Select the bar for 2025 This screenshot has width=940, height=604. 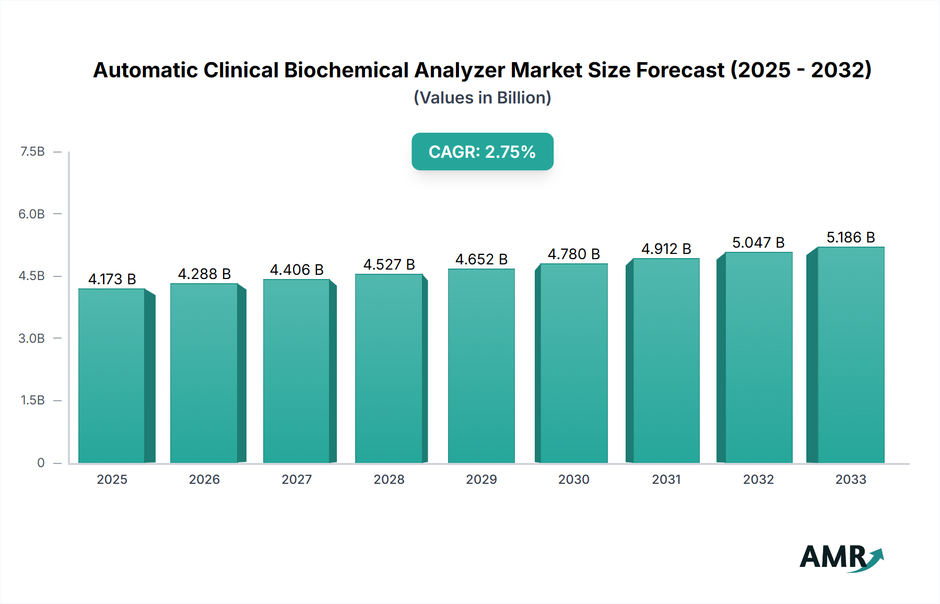point(112,376)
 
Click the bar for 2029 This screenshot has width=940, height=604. point(481,366)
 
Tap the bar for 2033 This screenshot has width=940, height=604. point(850,355)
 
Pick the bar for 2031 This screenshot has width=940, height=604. point(666,361)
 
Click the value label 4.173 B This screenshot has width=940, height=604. point(112,279)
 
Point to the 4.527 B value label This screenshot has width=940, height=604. point(389,264)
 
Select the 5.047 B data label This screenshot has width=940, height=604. point(758,242)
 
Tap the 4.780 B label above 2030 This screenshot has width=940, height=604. point(573,254)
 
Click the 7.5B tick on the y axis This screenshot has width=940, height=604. point(32,152)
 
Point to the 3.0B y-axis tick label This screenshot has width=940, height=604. point(32,338)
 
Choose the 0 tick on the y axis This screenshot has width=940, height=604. point(41,462)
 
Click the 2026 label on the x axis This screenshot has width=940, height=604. point(204,479)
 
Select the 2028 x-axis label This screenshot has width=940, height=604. point(389,479)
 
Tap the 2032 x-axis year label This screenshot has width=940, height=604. point(758,479)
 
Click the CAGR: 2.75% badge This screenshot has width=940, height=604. point(482,152)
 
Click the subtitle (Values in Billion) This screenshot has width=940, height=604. point(482,98)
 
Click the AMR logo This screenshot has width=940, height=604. point(841,557)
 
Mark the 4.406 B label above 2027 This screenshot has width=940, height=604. point(297,270)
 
